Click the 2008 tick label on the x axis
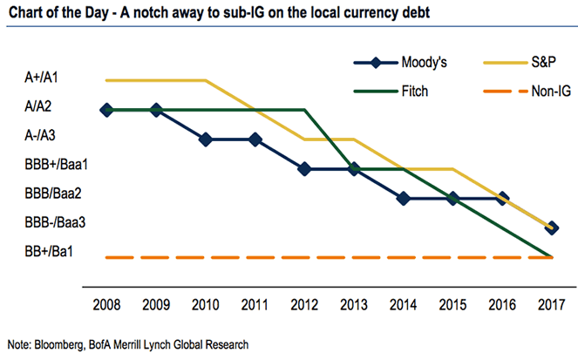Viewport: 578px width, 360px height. pyautogui.click(x=106, y=305)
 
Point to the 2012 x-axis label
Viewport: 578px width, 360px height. pyautogui.click(x=303, y=305)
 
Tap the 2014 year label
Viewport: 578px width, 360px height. pyautogui.click(x=403, y=305)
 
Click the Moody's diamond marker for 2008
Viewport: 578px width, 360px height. pyautogui.click(x=106, y=110)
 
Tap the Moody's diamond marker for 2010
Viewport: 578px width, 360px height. pyautogui.click(x=206, y=139)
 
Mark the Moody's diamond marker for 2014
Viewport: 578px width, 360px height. pyautogui.click(x=403, y=198)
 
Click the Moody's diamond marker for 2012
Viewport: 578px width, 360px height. pyautogui.click(x=304, y=169)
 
